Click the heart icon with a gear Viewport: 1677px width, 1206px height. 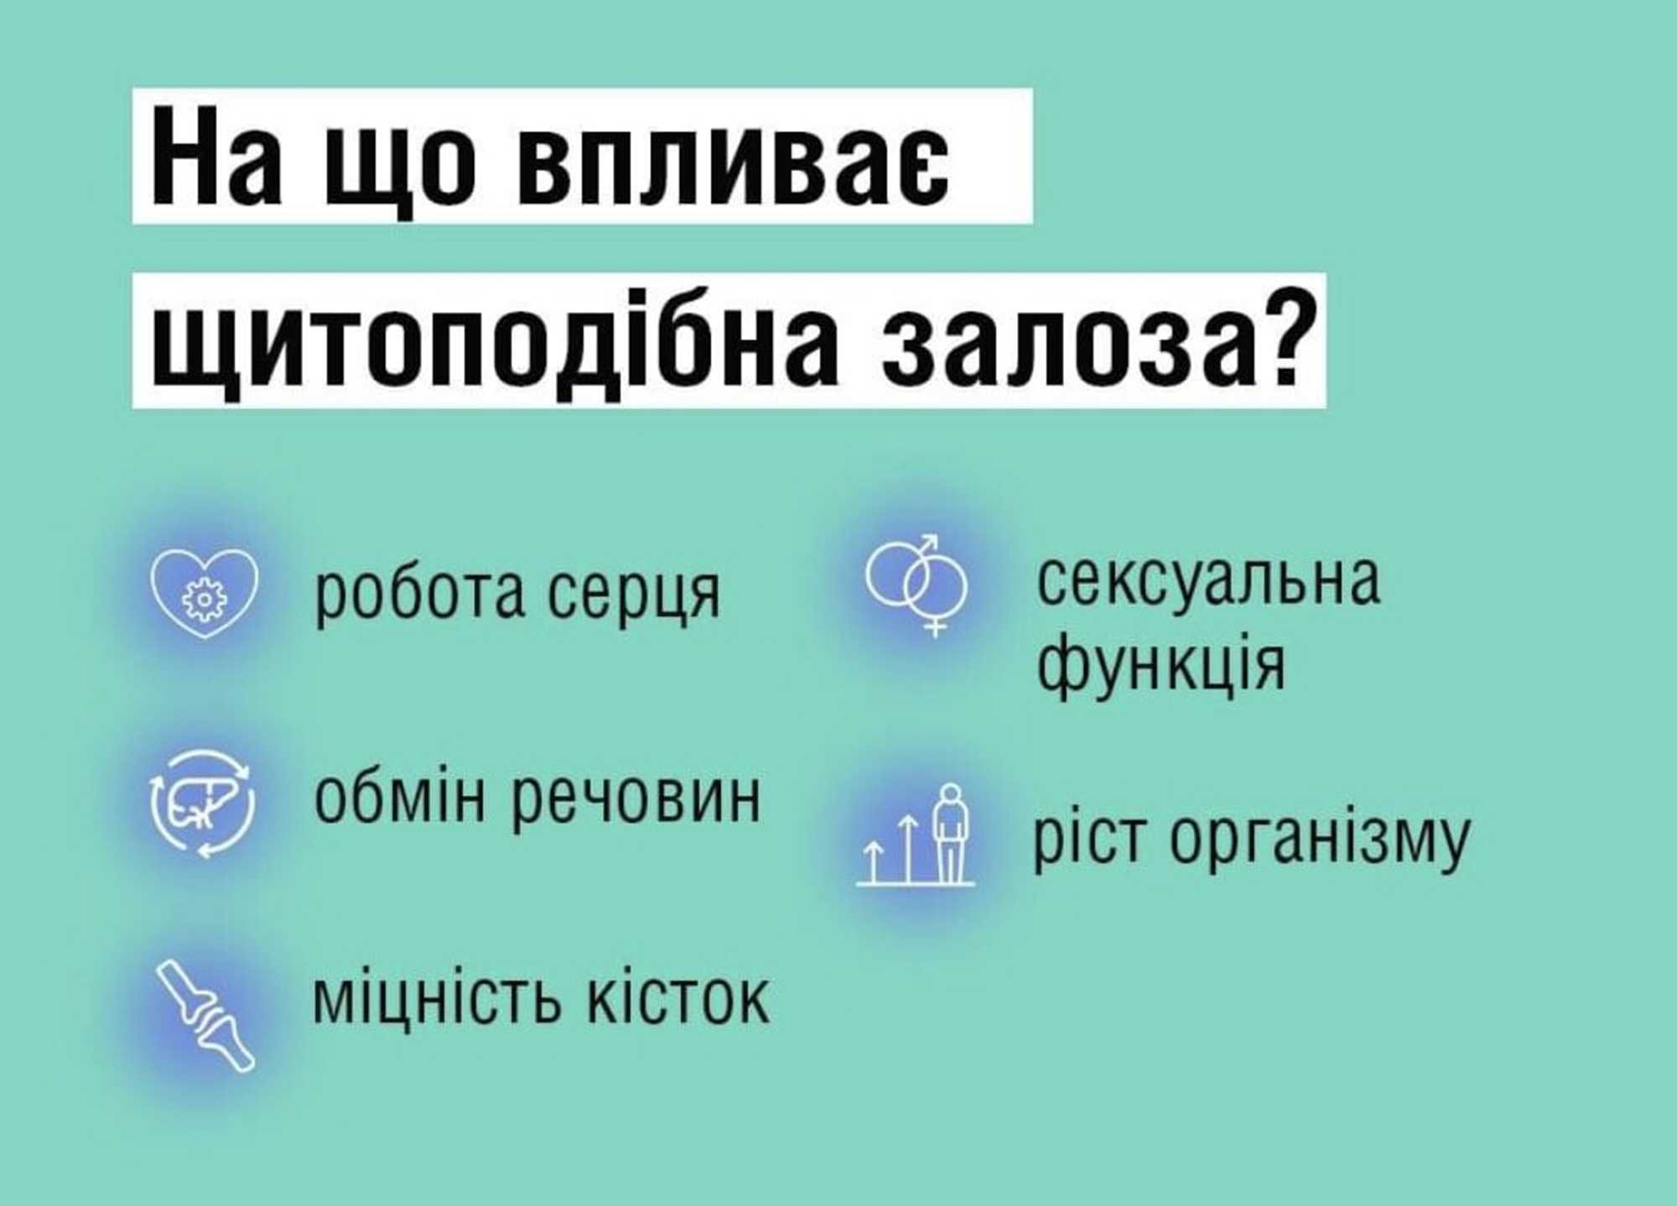[x=205, y=593]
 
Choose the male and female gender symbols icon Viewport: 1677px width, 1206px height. [x=916, y=585]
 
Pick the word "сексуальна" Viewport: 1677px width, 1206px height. [x=1208, y=581]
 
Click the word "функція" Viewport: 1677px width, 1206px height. [x=1161, y=663]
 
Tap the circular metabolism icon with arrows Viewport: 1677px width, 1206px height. [x=202, y=803]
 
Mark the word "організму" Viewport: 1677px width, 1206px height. [x=1320, y=842]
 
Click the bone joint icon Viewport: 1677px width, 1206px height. [x=205, y=1015]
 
